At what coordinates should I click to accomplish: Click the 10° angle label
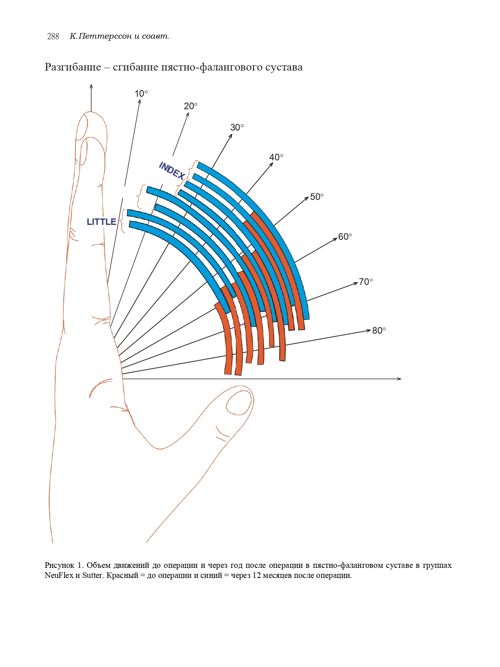point(141,94)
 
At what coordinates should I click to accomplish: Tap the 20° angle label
point(190,106)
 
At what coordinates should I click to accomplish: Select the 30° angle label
point(237,128)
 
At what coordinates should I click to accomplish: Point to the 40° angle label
point(276,158)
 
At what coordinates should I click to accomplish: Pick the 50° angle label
point(317,197)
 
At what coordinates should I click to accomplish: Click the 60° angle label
point(345,237)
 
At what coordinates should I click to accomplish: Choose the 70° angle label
point(366,282)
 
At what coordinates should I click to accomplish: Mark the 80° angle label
point(379,331)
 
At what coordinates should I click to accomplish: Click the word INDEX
point(172,171)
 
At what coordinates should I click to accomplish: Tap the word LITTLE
point(101,222)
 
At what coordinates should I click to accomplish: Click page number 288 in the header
point(53,37)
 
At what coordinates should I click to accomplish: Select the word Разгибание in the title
point(73,67)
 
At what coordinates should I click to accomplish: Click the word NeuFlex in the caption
point(59,576)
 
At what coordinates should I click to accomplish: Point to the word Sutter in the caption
point(92,576)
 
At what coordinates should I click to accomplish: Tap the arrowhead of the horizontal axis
point(399,379)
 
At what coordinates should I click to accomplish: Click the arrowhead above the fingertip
point(91,86)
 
